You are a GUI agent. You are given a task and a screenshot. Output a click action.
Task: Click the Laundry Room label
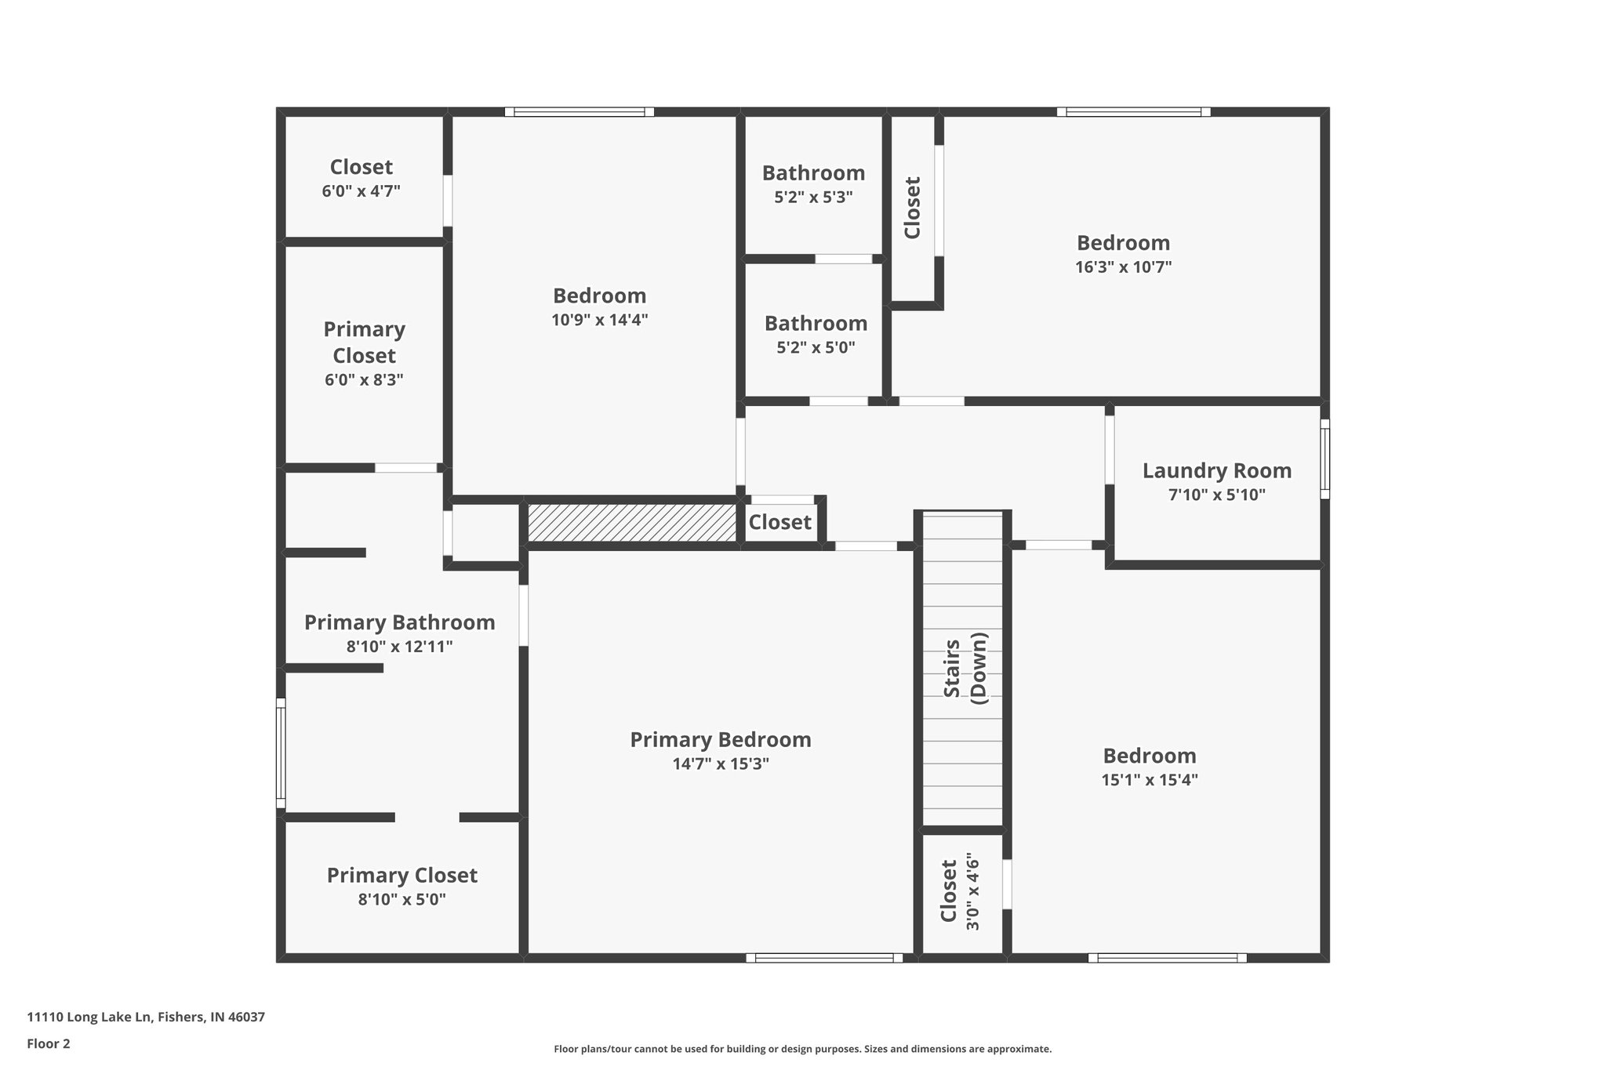pos(1216,471)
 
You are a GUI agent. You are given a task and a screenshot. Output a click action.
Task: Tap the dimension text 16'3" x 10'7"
pos(1123,267)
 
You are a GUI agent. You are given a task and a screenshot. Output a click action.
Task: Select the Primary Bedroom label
pos(720,740)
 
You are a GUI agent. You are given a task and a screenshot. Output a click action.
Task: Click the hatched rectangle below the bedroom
pos(631,523)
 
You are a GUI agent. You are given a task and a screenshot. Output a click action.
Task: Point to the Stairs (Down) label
pos(965,668)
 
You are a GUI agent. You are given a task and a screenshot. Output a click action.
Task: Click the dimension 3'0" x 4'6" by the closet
pos(973,892)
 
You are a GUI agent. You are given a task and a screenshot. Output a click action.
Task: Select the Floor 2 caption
pos(49,1043)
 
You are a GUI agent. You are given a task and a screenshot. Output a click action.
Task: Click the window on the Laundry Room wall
pos(1324,459)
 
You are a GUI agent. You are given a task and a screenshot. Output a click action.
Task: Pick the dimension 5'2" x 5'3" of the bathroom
pos(813,198)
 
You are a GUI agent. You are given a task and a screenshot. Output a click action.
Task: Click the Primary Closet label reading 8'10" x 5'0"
pos(401,876)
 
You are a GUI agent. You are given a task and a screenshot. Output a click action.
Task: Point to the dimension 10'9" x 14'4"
pos(599,321)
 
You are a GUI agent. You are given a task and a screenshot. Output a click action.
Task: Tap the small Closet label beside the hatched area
pos(779,522)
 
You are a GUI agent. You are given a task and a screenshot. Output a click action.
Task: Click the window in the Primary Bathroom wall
pos(281,753)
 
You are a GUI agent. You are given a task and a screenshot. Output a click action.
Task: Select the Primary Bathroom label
pos(399,623)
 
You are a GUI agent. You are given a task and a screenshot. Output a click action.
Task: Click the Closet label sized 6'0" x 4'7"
pos(361,168)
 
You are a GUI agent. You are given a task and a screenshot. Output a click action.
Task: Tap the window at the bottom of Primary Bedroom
pos(823,957)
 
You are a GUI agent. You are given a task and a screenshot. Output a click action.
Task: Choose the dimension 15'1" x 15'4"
pos(1150,780)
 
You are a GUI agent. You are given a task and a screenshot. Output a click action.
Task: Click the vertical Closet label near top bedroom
pos(912,208)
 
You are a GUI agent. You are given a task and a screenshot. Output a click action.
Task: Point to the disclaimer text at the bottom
pos(802,1049)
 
